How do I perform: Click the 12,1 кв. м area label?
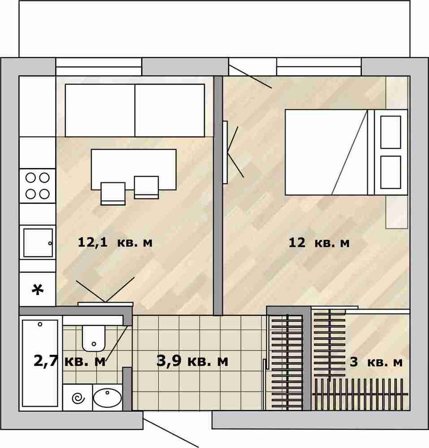115,242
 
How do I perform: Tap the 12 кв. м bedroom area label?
319,243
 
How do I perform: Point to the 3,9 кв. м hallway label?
192,361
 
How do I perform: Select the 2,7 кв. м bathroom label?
69,361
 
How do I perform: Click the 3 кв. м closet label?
376,362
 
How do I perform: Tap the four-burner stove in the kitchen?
38,186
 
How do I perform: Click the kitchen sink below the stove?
38,242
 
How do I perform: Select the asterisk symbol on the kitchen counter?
38,290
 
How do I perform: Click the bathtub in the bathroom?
40,363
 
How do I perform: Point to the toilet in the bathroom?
94,338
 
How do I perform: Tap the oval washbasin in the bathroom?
108,398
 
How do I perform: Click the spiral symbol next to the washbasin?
78,398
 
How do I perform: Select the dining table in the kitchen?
134,169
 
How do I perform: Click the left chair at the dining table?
113,194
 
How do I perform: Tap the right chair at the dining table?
146,187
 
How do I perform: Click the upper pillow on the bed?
391,132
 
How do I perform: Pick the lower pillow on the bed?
391,172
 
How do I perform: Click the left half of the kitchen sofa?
100,110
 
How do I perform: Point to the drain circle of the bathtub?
40,324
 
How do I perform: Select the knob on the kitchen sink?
50,243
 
